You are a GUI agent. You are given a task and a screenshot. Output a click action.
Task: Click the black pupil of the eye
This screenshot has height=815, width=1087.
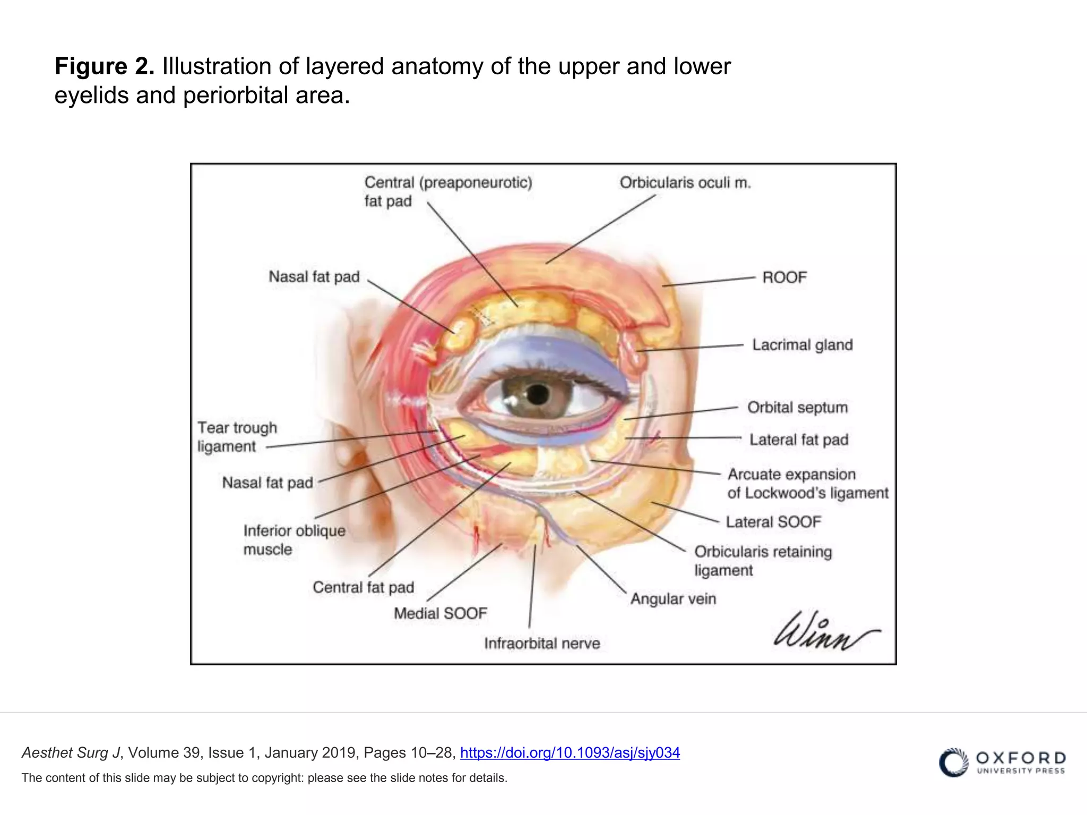538,394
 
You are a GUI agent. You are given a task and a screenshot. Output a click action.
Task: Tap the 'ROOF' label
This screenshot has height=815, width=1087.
784,278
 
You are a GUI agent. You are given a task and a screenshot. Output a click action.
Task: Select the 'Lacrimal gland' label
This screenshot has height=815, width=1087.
803,345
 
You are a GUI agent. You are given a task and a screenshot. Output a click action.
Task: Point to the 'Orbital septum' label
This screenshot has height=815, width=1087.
798,407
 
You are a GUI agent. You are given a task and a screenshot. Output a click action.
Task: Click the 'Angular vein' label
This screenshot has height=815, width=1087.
674,599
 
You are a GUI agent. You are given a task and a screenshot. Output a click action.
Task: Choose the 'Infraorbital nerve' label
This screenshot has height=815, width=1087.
542,644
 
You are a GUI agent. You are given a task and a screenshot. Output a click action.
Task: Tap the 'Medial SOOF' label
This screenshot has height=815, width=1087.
441,613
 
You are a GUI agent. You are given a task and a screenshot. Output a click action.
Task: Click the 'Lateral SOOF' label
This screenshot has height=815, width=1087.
773,522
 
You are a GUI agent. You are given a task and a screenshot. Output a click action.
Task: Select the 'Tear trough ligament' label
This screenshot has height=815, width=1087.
237,437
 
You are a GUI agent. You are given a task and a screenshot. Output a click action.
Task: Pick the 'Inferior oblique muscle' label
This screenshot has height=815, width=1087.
295,540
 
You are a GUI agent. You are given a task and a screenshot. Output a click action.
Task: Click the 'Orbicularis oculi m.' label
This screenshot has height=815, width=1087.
685,183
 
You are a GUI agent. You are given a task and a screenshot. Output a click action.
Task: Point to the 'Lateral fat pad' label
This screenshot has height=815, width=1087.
799,440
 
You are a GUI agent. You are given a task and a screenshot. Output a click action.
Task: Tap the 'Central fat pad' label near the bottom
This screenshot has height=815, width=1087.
364,587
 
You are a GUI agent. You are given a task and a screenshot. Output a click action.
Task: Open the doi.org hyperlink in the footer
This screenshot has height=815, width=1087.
570,752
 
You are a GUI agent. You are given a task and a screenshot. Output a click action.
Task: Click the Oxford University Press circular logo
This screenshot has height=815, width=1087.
954,762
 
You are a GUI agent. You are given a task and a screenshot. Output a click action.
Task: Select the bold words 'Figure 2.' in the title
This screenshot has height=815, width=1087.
105,66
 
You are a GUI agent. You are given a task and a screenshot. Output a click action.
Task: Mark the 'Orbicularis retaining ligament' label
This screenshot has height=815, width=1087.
763,561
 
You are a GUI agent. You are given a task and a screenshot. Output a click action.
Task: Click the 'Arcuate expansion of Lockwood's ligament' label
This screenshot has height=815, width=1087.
808,484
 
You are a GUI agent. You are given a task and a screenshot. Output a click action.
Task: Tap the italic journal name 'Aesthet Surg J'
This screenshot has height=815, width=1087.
71,752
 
